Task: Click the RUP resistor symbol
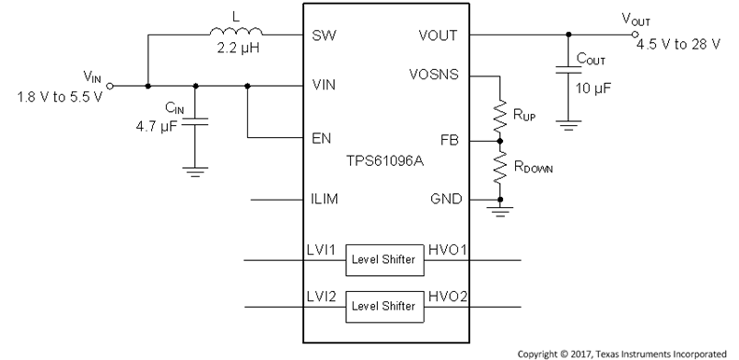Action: [x=500, y=112]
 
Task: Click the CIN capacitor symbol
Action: [x=195, y=121]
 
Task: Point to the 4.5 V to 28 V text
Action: [x=677, y=45]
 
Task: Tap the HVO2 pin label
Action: [x=446, y=297]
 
